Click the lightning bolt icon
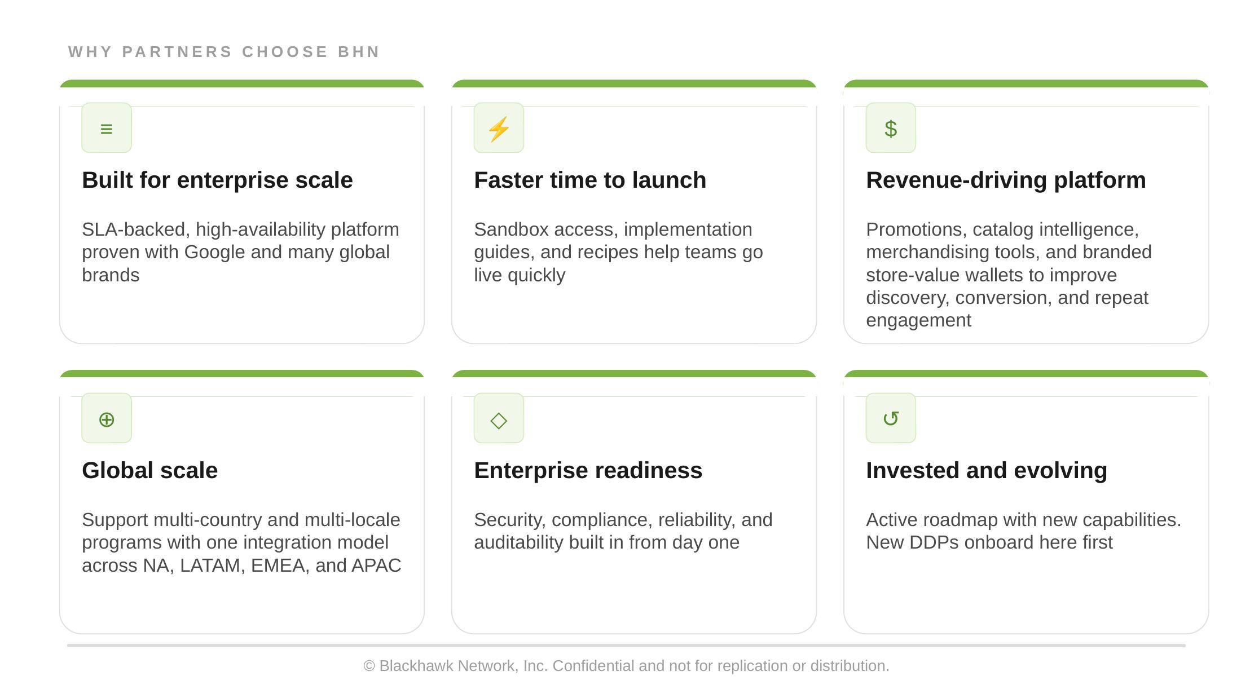click(499, 129)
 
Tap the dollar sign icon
click(891, 129)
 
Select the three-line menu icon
click(107, 129)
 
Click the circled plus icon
click(107, 419)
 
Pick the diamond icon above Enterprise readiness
click(499, 420)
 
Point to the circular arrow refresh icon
click(891, 418)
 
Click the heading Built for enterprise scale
click(217, 180)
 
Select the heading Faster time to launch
click(590, 180)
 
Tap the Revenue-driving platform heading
click(1006, 180)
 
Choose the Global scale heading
click(149, 470)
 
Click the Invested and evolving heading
click(987, 470)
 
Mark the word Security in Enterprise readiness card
click(510, 520)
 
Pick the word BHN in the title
click(359, 52)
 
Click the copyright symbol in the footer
click(369, 666)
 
